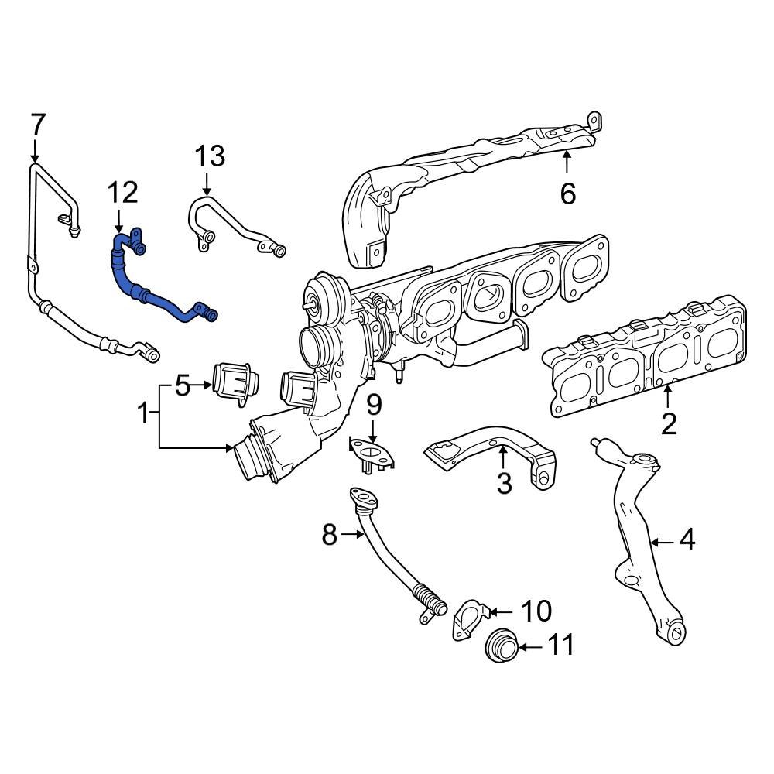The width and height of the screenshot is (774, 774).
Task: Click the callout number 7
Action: point(38,124)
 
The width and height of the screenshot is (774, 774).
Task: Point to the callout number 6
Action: point(568,193)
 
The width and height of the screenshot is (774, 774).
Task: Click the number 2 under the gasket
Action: point(668,423)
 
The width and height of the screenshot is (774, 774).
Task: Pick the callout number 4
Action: point(687,539)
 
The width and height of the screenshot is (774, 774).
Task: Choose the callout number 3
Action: point(504,484)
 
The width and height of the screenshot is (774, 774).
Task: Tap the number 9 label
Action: point(374,403)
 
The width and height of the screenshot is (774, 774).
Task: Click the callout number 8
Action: point(330,534)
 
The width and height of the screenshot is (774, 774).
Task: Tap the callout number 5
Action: point(182,385)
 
